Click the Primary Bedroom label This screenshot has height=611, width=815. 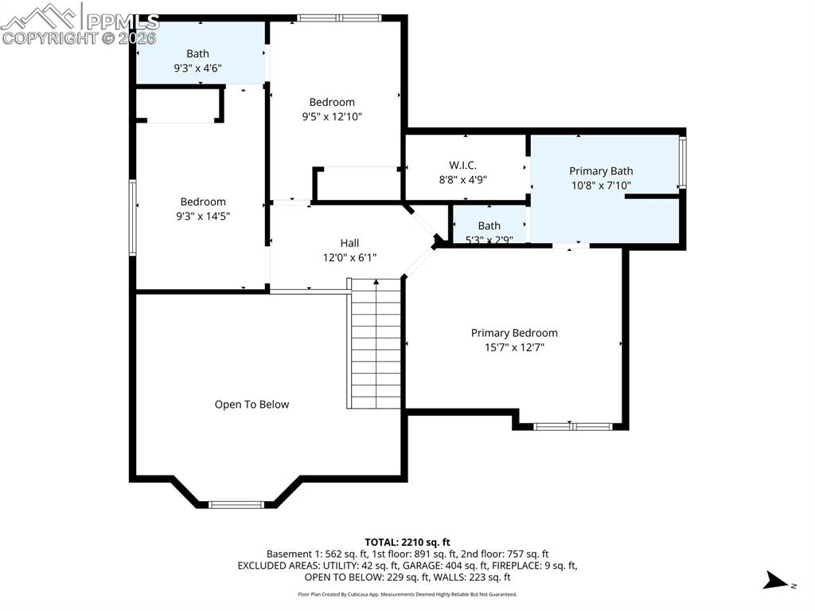[x=514, y=333]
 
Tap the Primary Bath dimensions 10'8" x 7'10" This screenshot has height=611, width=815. [x=601, y=186]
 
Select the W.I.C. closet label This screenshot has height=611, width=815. [x=462, y=165]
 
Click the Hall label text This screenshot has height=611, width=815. [x=349, y=243]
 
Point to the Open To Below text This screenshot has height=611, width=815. [x=252, y=405]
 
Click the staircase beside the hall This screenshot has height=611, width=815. [x=375, y=343]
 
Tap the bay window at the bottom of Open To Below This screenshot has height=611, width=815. [x=236, y=504]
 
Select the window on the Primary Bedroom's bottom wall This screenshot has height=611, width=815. [x=572, y=427]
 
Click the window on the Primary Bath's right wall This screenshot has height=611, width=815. [x=682, y=163]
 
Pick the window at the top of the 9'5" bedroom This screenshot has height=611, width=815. [x=340, y=18]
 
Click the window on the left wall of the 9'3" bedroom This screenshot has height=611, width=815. [x=132, y=217]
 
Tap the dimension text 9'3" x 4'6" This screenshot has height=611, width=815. [x=197, y=69]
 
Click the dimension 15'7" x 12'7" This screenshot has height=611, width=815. [x=514, y=347]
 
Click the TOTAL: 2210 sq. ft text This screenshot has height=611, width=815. [x=407, y=542]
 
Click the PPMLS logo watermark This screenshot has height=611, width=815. [x=80, y=24]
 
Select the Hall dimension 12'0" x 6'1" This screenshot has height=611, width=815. [x=349, y=257]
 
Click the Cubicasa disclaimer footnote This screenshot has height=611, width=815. [x=407, y=594]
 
